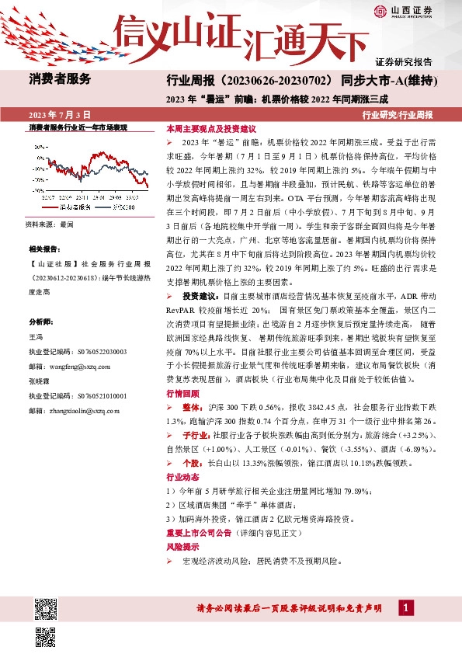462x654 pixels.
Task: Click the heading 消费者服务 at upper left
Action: [60, 78]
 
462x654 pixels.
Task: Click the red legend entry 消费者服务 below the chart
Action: [76, 208]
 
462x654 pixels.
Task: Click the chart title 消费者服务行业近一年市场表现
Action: [78, 126]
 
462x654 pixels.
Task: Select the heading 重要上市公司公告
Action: [203, 534]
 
